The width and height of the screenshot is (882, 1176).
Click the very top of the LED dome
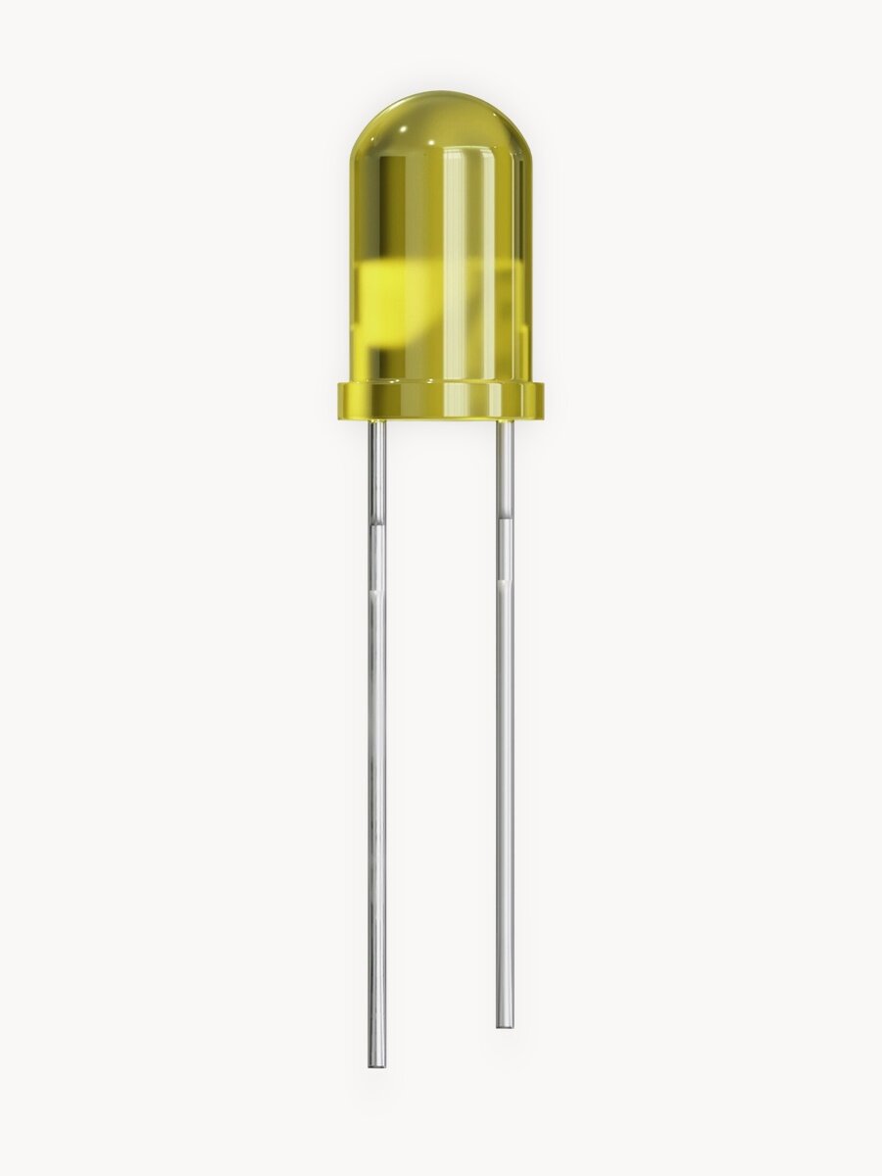[440, 93]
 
